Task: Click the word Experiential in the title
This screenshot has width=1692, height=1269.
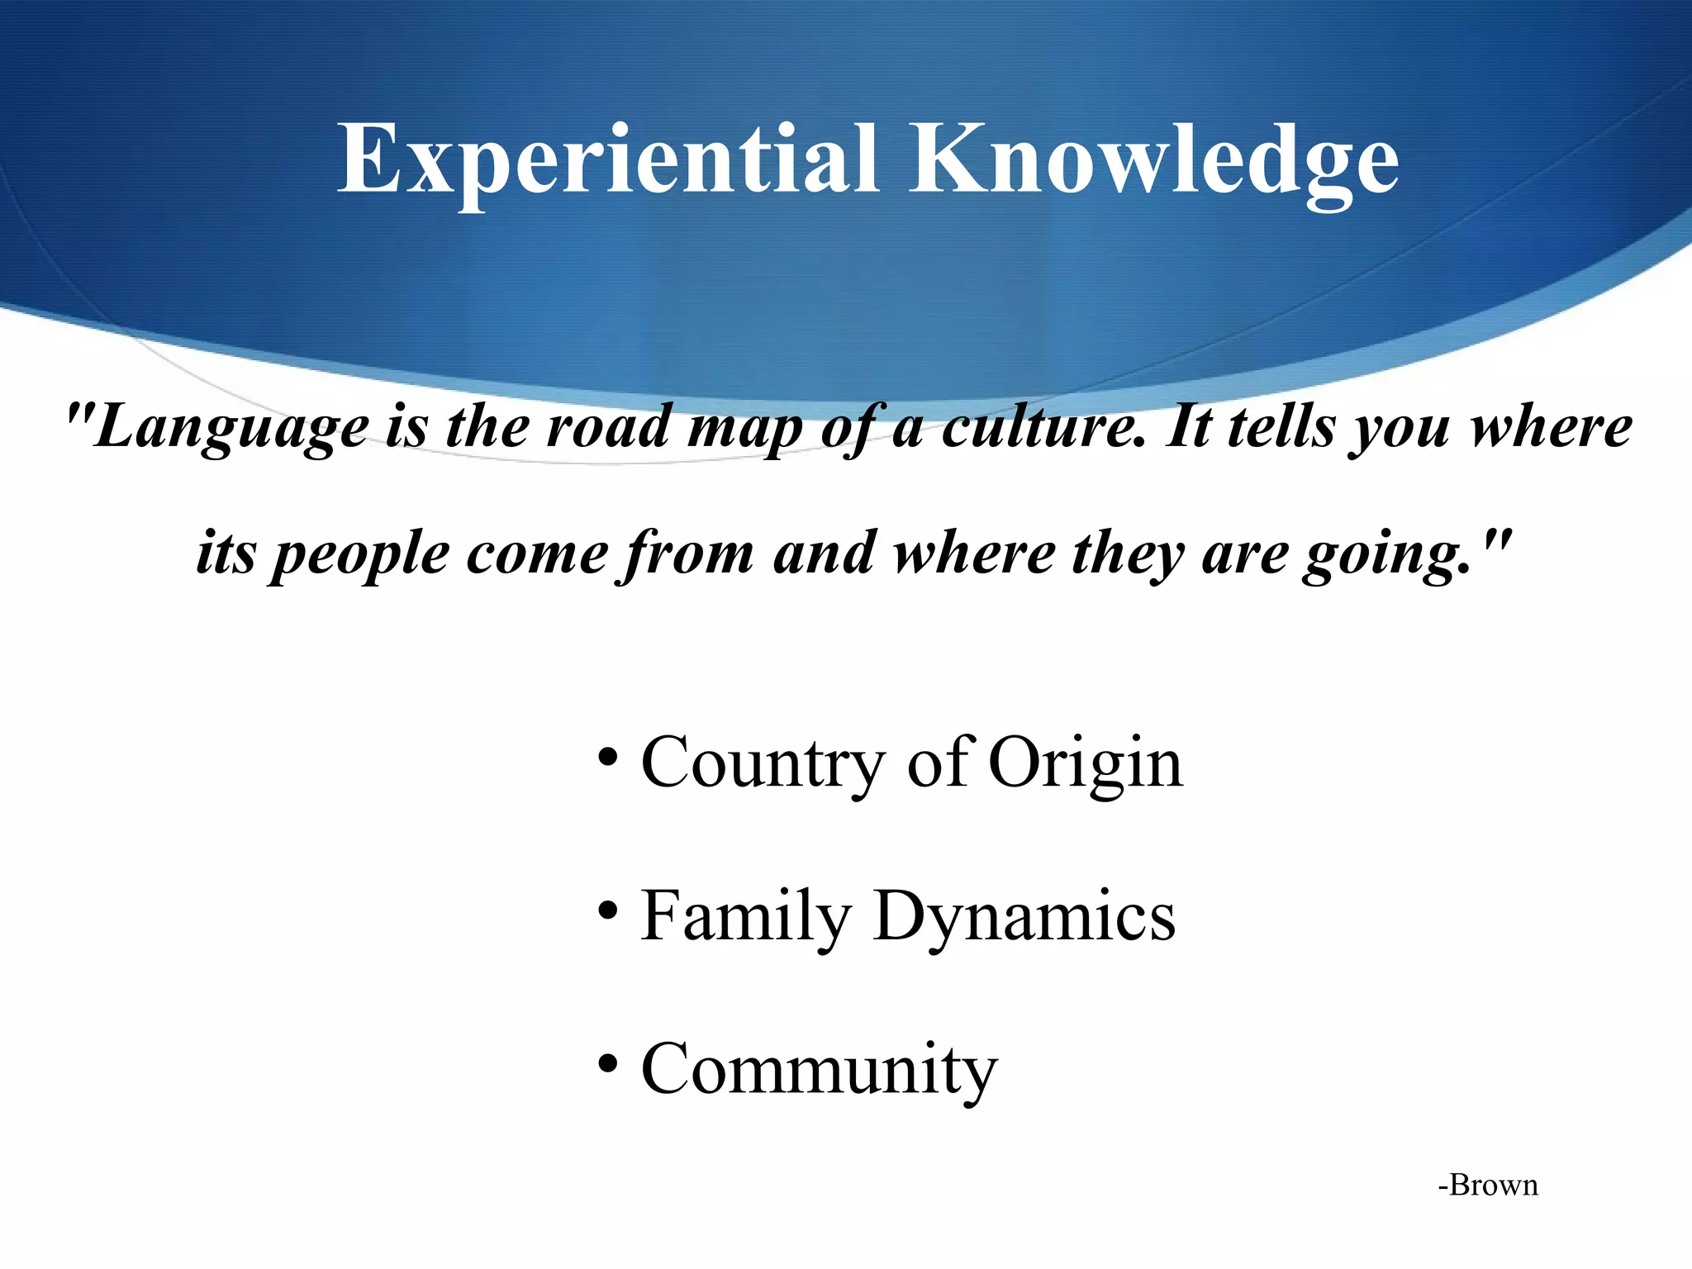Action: (x=607, y=159)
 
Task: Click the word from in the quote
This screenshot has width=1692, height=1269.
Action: (x=687, y=554)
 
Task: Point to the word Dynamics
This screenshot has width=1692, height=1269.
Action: (x=1024, y=917)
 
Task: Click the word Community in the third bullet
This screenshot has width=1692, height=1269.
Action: (x=819, y=1070)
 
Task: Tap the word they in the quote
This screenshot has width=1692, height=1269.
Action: (x=1127, y=554)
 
